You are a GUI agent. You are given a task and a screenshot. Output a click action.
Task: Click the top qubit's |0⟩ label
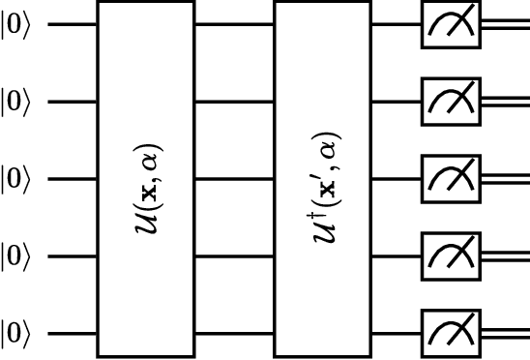(x=16, y=24)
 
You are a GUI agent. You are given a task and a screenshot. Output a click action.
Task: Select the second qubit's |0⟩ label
(x=16, y=102)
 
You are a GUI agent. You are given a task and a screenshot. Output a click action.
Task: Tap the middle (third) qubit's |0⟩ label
(x=16, y=179)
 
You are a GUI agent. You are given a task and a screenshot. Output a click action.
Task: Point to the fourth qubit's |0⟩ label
(x=16, y=256)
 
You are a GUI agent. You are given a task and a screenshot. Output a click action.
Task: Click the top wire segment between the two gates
(x=235, y=24)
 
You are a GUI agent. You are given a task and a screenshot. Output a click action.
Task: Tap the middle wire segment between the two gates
(x=235, y=179)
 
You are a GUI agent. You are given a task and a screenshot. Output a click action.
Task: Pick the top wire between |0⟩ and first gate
(x=72, y=24)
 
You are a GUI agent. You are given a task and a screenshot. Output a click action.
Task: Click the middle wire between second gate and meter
(x=396, y=179)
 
